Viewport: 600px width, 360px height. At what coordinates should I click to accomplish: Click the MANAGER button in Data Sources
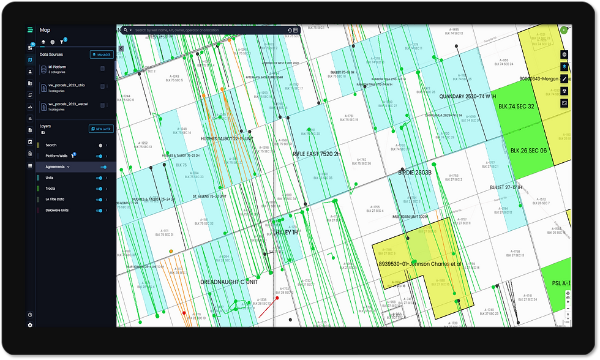[x=102, y=54]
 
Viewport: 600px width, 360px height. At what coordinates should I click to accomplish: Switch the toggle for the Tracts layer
[x=102, y=189]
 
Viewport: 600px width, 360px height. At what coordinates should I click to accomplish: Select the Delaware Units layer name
[x=58, y=211]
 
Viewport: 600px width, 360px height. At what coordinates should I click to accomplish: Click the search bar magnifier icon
[x=126, y=30]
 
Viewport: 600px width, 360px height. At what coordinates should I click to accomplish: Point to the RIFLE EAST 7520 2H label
[x=316, y=154]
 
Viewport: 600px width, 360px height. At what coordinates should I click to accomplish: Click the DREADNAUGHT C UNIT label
[x=229, y=282]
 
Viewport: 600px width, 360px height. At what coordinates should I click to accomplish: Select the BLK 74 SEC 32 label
[x=517, y=106]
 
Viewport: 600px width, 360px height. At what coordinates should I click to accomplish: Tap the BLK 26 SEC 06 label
[x=529, y=150]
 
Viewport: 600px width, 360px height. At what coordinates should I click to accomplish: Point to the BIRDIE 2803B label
[x=415, y=173]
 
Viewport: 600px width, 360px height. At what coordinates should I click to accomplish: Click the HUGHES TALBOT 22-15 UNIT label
[x=227, y=139]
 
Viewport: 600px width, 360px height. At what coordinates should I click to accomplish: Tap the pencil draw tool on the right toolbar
[x=564, y=79]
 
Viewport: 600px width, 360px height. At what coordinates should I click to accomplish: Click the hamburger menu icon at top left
[x=30, y=30]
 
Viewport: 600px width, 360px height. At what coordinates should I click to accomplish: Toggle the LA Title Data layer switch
[x=102, y=200]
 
